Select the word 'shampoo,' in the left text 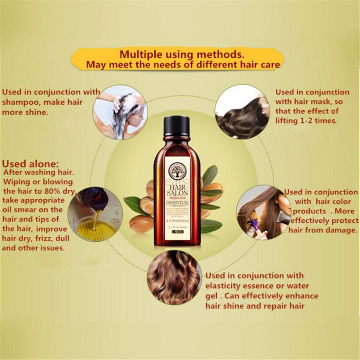pyautogui.click(x=20, y=102)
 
